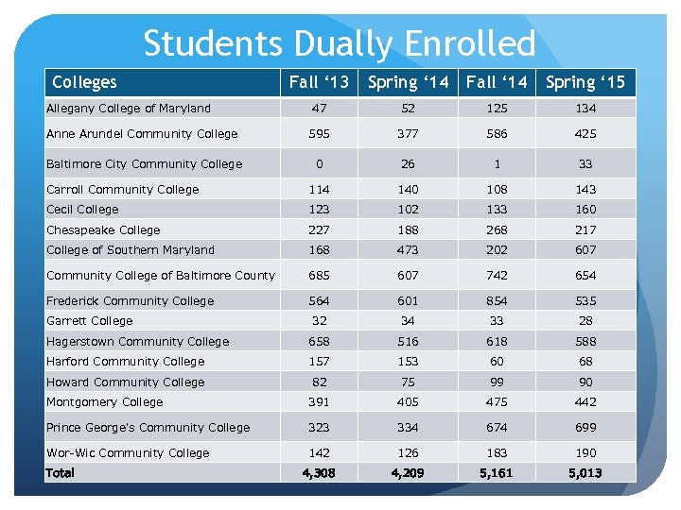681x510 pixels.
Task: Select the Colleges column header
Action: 84,82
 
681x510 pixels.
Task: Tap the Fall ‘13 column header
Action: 319,82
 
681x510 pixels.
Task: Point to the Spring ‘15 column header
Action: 585,82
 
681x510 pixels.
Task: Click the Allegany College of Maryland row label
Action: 129,108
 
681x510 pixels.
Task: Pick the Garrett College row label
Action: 90,321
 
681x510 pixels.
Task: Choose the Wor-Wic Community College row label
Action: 128,452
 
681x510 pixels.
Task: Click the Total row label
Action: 61,472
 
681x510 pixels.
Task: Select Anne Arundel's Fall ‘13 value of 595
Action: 319,133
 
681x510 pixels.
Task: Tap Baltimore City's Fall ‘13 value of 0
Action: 319,163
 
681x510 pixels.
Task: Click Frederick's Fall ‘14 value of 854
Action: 497,300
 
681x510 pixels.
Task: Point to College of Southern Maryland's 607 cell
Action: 585,249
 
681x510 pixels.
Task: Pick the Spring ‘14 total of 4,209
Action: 408,472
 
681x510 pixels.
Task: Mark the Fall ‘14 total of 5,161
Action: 497,472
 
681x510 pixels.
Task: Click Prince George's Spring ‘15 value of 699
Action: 585,427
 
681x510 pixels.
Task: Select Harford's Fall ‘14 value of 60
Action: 497,361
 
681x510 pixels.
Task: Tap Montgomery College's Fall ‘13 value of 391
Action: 319,401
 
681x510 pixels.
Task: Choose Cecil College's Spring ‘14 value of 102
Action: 408,209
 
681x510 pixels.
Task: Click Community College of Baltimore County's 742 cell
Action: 497,275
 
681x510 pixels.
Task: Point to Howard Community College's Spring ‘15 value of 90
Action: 585,382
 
